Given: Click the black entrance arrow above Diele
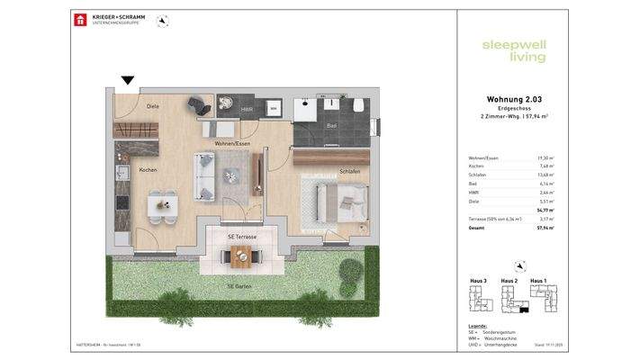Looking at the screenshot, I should tap(128, 80).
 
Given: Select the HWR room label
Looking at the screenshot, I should tap(247, 110).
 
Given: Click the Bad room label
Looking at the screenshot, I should tap(331, 125).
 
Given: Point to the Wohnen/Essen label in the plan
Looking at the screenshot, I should tap(231, 144).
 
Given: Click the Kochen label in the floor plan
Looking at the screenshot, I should tap(149, 169).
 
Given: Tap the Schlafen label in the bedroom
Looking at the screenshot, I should tap(350, 171).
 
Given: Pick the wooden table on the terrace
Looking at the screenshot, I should tap(243, 257).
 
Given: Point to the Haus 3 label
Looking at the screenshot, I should tap(479, 282).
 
